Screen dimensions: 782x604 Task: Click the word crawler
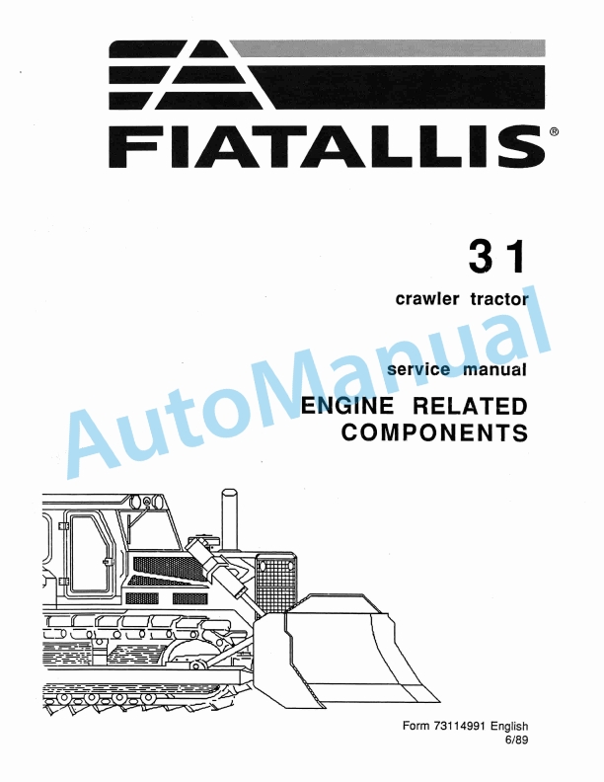pos(427,299)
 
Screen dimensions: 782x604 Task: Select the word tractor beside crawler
pos(497,299)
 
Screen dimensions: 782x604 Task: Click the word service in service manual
pos(420,370)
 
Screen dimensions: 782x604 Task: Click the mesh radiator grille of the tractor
pos(277,583)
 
